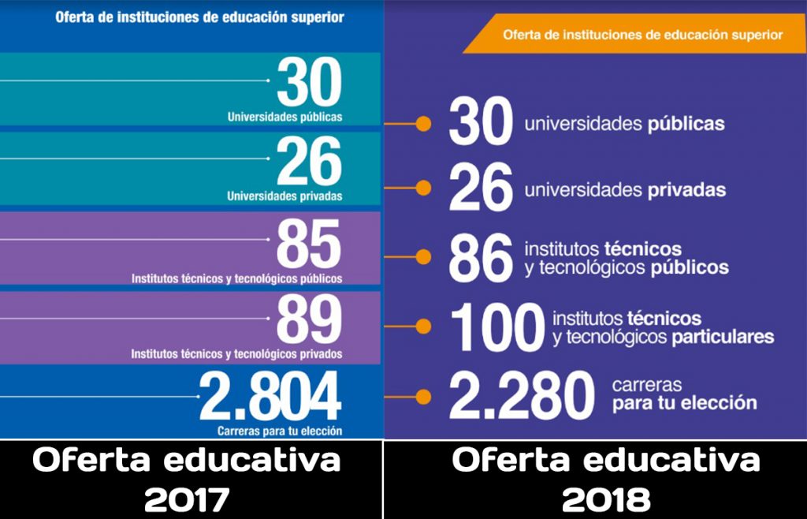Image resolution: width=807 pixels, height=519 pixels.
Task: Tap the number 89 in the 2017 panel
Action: click(309, 321)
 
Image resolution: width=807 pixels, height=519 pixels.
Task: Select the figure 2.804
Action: click(270, 397)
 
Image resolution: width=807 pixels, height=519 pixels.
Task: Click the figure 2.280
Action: click(522, 397)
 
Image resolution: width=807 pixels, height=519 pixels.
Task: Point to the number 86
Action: click(481, 256)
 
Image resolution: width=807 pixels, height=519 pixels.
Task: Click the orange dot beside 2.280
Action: click(424, 396)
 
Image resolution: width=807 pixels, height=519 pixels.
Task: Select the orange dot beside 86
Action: click(424, 256)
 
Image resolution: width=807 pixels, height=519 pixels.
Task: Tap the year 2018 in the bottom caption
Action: click(607, 499)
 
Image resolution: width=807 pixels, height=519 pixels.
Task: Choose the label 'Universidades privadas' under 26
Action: click(284, 196)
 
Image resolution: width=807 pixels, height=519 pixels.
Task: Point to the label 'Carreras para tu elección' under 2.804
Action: click(280, 431)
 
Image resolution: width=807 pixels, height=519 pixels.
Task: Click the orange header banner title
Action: click(642, 35)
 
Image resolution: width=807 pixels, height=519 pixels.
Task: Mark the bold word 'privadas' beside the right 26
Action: click(687, 190)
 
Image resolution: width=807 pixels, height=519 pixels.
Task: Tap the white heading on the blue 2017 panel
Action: click(199, 17)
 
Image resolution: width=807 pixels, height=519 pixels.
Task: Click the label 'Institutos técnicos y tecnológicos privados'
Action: click(236, 354)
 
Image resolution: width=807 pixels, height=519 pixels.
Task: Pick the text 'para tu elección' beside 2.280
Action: click(684, 403)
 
